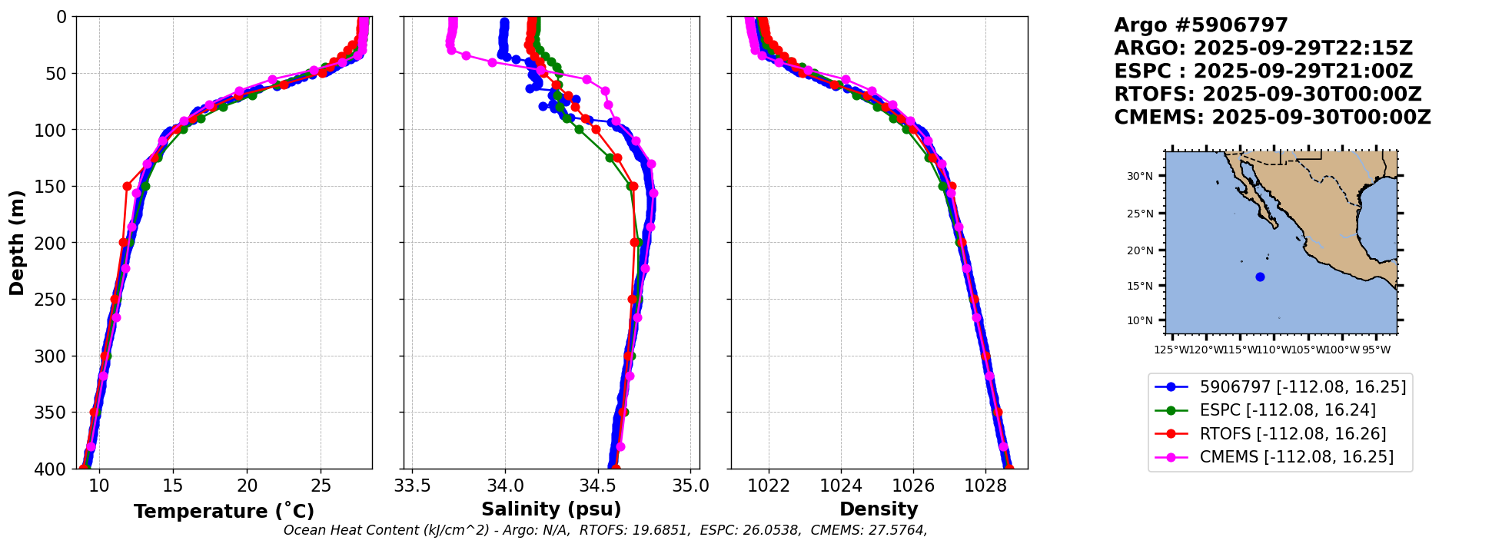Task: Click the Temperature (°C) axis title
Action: click(224, 511)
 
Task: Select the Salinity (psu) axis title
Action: click(551, 509)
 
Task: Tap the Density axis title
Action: click(879, 509)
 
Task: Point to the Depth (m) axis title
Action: click(17, 242)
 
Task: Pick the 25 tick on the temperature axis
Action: click(321, 486)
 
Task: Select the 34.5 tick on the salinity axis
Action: click(597, 486)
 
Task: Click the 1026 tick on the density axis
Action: click(913, 486)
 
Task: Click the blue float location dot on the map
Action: click(1260, 277)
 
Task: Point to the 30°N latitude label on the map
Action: click(1140, 176)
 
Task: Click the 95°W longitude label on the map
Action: click(1376, 350)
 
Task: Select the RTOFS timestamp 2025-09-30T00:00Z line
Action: click(1268, 94)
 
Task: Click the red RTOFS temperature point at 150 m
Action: click(128, 186)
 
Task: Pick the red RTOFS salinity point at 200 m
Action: click(634, 242)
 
